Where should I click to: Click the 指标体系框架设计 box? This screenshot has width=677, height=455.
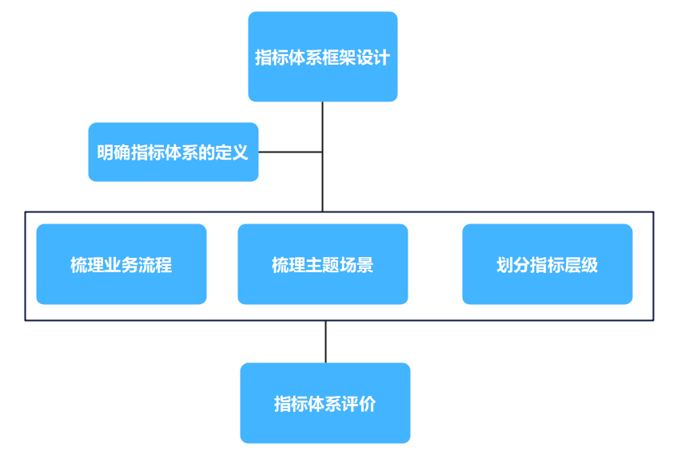coord(322,57)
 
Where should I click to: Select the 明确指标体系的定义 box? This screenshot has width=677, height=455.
coord(173,152)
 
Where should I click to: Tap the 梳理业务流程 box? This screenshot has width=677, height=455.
coord(121,264)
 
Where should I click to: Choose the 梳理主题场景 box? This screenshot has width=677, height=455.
coord(322,264)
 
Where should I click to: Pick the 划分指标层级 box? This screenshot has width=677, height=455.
coord(547,264)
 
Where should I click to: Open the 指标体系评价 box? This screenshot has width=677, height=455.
coord(325,403)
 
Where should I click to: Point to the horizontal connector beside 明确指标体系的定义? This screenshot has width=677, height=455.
coord(290,152)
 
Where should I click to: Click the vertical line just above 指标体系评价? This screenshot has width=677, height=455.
coord(325,342)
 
